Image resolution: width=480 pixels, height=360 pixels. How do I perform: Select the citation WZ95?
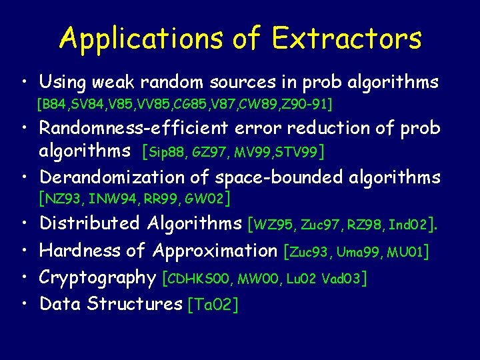tap(272, 225)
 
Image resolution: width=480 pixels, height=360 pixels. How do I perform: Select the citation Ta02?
tap(213, 305)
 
